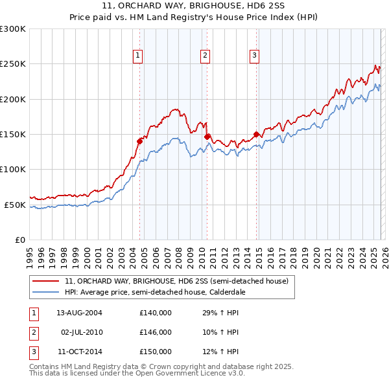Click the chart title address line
194,6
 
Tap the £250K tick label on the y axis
13,64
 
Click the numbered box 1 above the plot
139,56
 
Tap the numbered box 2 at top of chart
205,56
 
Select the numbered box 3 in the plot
255,56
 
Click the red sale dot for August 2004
139,140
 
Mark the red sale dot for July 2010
207,137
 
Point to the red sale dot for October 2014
256,134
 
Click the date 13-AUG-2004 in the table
79,313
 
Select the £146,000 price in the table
156,332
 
